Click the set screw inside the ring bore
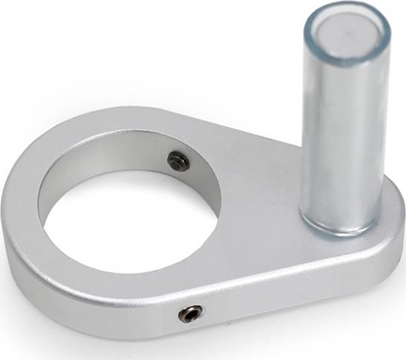[x=178, y=160]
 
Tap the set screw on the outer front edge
[x=190, y=313]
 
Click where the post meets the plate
[x=338, y=231]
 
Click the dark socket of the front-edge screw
[x=190, y=313]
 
